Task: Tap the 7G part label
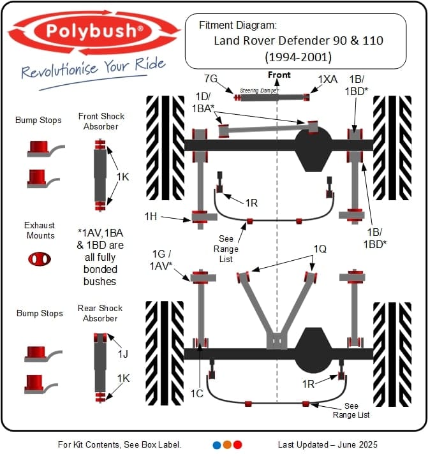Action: coord(210,80)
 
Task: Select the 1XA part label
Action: coord(327,80)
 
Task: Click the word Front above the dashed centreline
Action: coord(279,75)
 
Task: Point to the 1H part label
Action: coord(151,217)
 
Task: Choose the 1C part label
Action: coord(197,393)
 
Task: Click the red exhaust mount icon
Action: coord(40,259)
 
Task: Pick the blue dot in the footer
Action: coord(217,444)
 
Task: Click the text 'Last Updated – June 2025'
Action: coord(327,444)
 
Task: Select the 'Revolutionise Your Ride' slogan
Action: coord(93,68)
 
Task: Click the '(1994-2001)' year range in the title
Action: coord(296,57)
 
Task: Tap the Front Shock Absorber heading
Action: coord(101,121)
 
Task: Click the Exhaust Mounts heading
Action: coord(40,230)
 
